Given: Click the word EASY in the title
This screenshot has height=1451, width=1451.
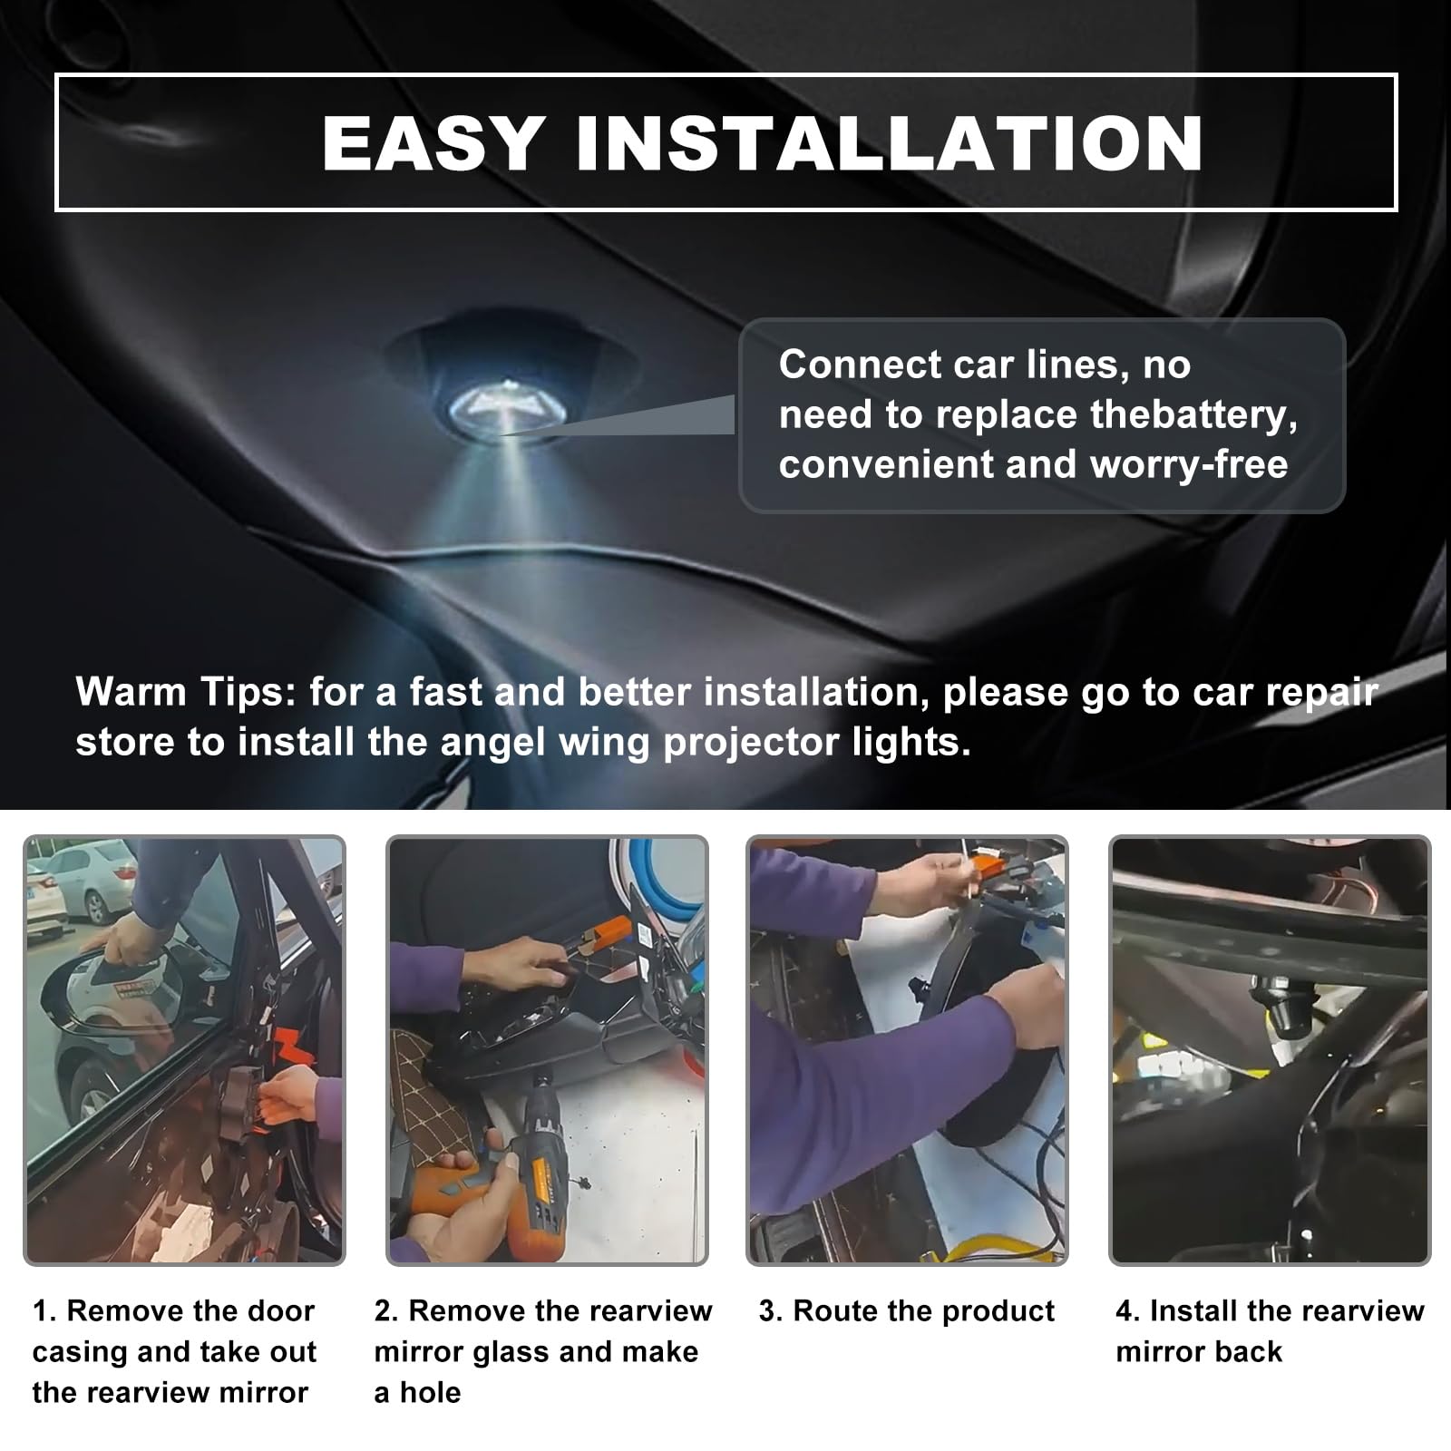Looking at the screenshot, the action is [433, 143].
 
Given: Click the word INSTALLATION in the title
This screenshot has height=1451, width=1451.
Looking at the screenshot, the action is [890, 143].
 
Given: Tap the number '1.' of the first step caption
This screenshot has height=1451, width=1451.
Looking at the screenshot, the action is [44, 1310].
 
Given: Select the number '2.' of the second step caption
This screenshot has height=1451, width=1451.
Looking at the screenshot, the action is [386, 1310].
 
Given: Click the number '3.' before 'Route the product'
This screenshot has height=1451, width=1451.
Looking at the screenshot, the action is [771, 1310].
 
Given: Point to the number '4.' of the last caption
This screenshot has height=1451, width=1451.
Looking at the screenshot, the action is [1128, 1310].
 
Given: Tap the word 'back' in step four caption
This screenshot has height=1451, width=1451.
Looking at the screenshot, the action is [1248, 1351].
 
